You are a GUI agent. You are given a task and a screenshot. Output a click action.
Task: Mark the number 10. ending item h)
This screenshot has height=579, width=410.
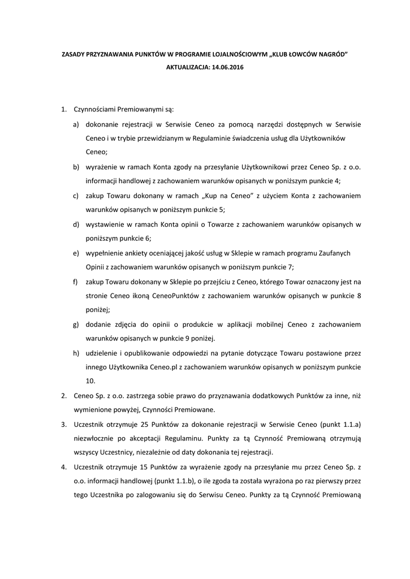[90, 381]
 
